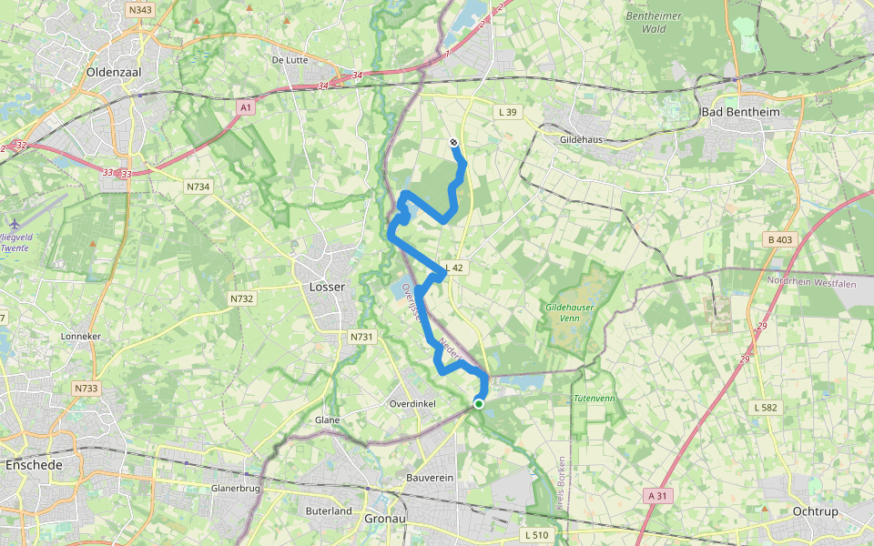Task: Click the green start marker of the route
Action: coord(479,403)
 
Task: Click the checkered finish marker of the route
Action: coord(453,142)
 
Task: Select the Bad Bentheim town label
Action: coord(740,111)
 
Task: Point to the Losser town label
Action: coord(327,287)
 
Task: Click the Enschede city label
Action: coord(34,465)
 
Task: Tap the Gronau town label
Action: coord(384,518)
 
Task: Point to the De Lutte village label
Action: coord(290,60)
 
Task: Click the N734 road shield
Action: coord(198,187)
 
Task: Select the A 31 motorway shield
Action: coord(656,495)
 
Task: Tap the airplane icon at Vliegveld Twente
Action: coord(15,224)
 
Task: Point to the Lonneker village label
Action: coord(79,336)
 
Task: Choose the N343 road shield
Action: coord(141,10)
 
